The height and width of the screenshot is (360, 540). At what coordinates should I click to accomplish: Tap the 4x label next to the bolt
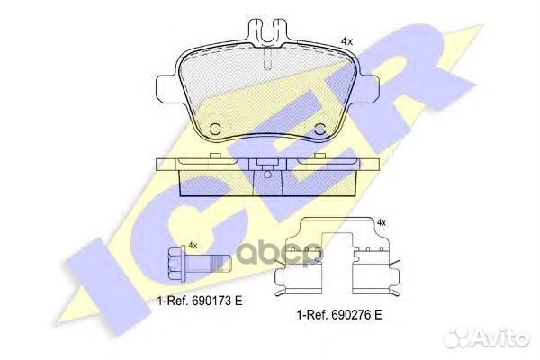pos(192,245)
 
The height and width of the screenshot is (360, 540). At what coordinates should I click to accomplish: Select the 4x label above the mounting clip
pos(381,222)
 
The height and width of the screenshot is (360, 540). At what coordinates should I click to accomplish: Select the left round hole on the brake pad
pos(215,127)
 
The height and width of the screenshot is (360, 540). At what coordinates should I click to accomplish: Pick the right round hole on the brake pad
pos(322,127)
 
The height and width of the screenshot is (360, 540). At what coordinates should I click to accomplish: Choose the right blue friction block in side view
pos(319,184)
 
